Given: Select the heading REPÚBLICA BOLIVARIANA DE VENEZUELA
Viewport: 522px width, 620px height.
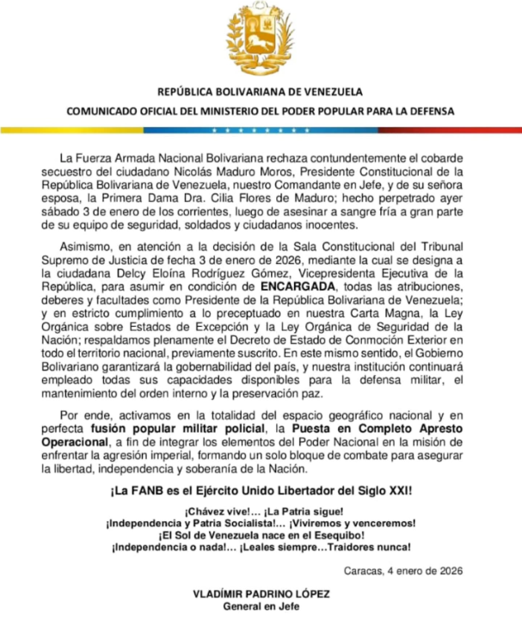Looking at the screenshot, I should [261, 92].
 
